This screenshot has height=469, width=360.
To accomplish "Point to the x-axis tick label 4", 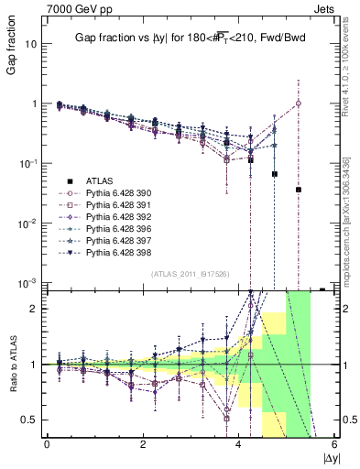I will pos(238,446).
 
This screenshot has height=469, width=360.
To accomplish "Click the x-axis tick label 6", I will pos(334,446).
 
